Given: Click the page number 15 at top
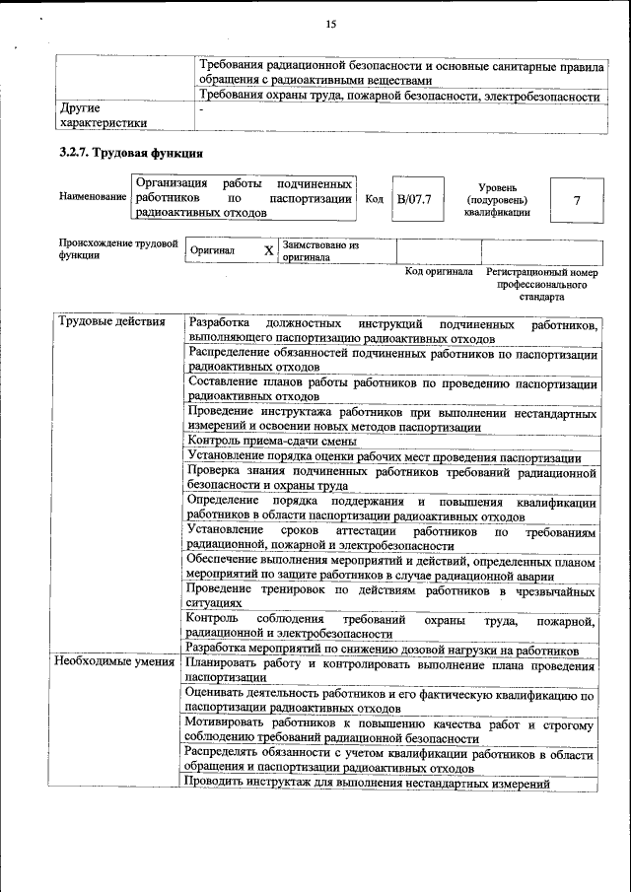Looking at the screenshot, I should pyautogui.click(x=329, y=25).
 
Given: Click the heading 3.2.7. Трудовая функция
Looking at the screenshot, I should pyautogui.click(x=131, y=154).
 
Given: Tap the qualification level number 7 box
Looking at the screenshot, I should pyautogui.click(x=576, y=200).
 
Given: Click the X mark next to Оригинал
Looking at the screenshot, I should pyautogui.click(x=268, y=250).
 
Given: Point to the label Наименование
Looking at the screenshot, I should pyautogui.click(x=93, y=198).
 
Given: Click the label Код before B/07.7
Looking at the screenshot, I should pyautogui.click(x=374, y=199).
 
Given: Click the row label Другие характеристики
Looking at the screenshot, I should pyautogui.click(x=103, y=114).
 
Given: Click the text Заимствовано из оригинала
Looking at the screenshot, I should pyautogui.click(x=319, y=250).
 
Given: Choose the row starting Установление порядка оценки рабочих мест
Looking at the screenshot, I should pyautogui.click(x=384, y=457).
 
